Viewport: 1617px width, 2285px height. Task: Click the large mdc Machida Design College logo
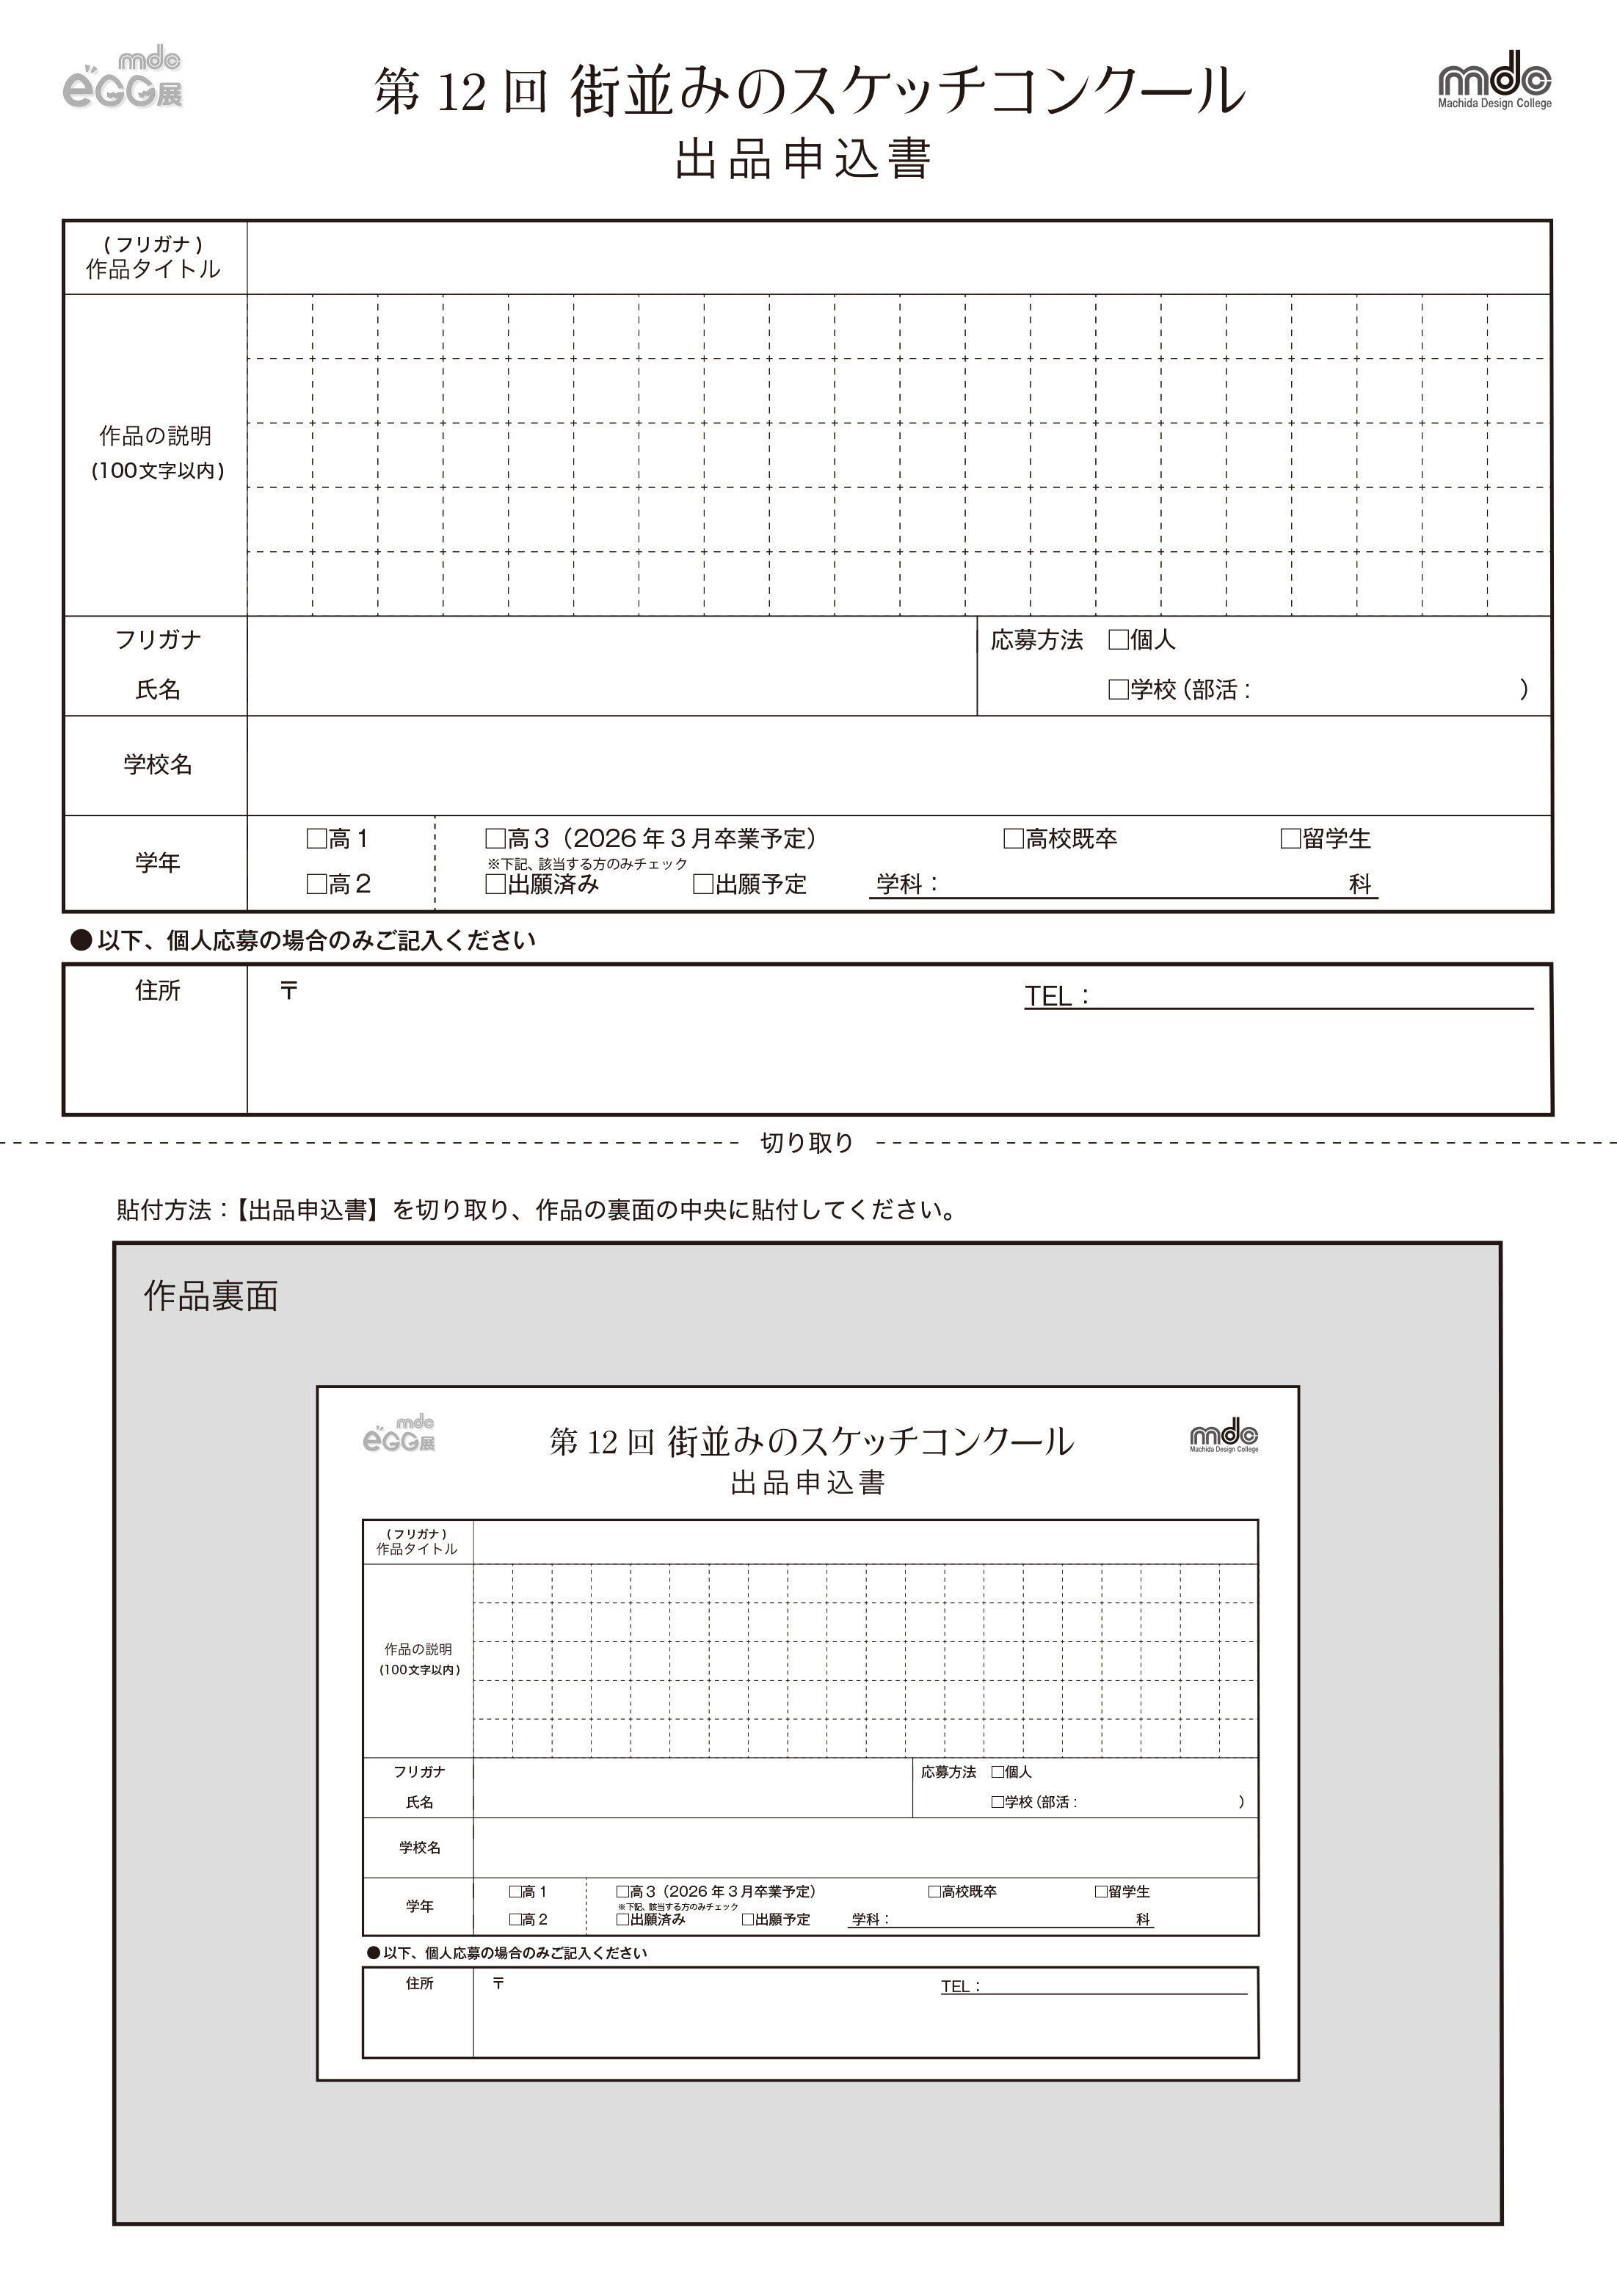(1494, 79)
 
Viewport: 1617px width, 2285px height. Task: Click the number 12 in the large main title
(461, 92)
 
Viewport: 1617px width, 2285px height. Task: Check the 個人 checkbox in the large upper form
(1118, 639)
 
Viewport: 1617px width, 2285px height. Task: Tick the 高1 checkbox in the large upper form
(316, 838)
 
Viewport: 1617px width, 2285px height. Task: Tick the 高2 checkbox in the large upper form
(316, 883)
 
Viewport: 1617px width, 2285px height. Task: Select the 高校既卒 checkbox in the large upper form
(1014, 838)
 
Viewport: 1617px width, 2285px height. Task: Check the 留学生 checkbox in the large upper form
(1290, 838)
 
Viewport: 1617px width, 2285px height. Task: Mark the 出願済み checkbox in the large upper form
(495, 883)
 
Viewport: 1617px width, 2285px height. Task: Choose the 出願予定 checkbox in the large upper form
(703, 883)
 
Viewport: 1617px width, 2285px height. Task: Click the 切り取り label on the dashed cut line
(807, 1142)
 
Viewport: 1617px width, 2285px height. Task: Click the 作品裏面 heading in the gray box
(211, 1296)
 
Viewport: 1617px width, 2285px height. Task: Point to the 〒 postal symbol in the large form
(288, 991)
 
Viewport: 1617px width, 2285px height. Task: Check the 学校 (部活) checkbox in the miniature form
(997, 1802)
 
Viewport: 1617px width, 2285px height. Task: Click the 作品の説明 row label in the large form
(156, 436)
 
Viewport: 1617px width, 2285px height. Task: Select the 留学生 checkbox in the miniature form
(1101, 1891)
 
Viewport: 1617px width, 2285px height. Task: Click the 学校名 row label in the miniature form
(419, 1847)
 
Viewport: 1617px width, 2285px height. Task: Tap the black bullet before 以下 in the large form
(81, 940)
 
